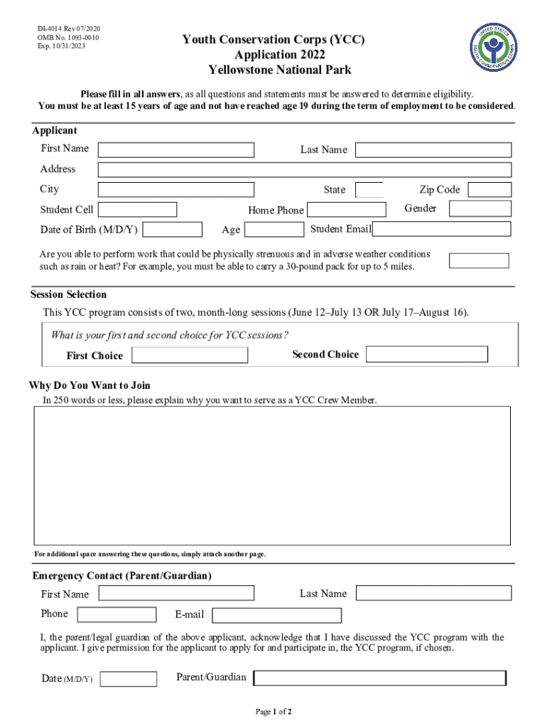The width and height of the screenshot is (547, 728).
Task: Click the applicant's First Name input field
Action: tap(175, 150)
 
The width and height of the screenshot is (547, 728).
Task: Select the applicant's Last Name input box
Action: tap(433, 150)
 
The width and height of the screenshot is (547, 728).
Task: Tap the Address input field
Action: tap(304, 170)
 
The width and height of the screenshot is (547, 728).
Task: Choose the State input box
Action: tap(369, 190)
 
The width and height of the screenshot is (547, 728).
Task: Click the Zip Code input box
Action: tap(489, 190)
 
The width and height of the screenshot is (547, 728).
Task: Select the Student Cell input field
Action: tap(137, 210)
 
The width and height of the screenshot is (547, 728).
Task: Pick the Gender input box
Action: tap(480, 209)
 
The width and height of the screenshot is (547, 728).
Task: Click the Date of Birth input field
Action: tap(172, 229)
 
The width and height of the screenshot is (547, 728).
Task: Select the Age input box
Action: tap(274, 229)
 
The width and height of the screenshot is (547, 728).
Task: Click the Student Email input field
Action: tap(442, 229)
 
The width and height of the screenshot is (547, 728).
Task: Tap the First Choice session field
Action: tap(190, 355)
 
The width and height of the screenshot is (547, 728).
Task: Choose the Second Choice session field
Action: tap(427, 354)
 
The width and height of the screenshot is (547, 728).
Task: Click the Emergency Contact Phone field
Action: tap(117, 615)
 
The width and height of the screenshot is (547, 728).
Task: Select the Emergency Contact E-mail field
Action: tap(276, 615)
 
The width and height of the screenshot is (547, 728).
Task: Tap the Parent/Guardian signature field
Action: tap(380, 678)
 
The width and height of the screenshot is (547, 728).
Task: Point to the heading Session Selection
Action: tap(68, 295)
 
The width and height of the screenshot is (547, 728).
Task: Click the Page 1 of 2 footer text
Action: tap(273, 712)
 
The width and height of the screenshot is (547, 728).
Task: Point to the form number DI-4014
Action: tap(55, 28)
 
